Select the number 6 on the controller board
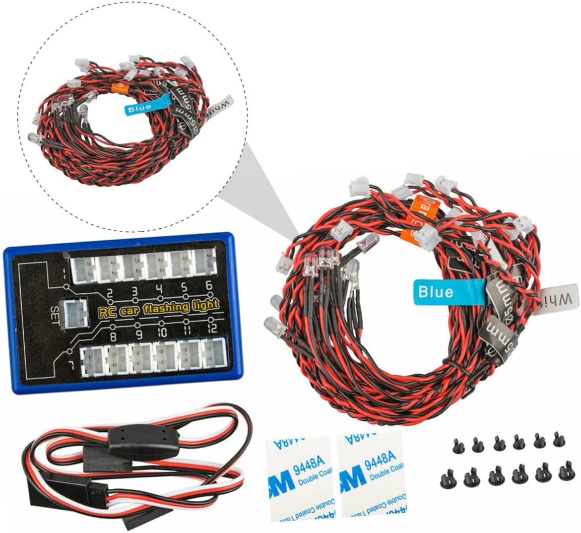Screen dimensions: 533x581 tap(208, 285)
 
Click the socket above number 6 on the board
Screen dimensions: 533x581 tap(204, 262)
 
